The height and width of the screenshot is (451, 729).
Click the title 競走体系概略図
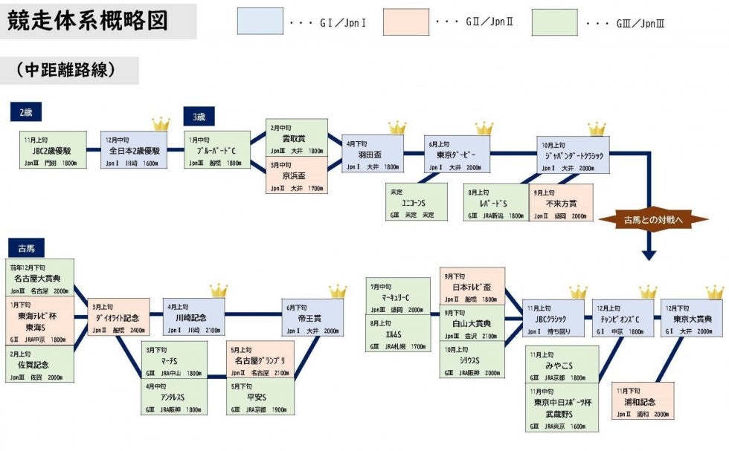pos(89,20)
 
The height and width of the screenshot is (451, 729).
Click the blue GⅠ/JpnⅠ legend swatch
pos(260,21)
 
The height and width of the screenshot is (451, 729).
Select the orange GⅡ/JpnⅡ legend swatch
pos(405,21)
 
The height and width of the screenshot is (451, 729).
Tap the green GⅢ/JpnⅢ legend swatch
pos(554,21)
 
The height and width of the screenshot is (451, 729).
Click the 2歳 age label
pos(26,112)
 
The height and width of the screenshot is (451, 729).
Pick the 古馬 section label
pos(27,247)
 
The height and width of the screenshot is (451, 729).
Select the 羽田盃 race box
pos(373,154)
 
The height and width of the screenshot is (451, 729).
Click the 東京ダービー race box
pos(457,155)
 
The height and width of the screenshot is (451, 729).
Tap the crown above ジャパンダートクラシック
pos(597,129)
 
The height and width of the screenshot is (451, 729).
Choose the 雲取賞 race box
pos(296,137)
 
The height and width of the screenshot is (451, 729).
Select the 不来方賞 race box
pos(562,202)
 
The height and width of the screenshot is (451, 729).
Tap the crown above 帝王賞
pos(338,291)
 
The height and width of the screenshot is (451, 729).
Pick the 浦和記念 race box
pos(643,401)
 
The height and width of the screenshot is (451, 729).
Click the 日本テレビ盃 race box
pos(472,286)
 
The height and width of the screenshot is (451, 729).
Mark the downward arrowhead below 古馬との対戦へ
pos(649,255)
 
